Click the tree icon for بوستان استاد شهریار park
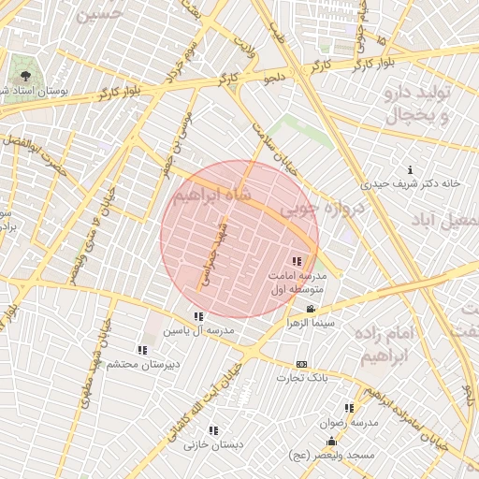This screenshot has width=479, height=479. pyautogui.click(x=24, y=76)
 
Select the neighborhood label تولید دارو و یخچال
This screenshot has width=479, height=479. pyautogui.click(x=418, y=105)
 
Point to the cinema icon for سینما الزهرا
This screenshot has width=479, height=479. pyautogui.click(x=311, y=309)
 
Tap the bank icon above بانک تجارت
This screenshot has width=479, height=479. pyautogui.click(x=301, y=364)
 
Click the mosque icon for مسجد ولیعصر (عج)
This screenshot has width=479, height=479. pyautogui.click(x=330, y=442)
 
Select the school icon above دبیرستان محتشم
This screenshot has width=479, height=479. pyautogui.click(x=142, y=350)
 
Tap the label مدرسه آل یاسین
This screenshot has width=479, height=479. pyautogui.click(x=198, y=331)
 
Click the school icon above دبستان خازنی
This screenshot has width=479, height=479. pyautogui.click(x=213, y=430)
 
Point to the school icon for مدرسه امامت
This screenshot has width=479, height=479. pyautogui.click(x=298, y=262)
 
